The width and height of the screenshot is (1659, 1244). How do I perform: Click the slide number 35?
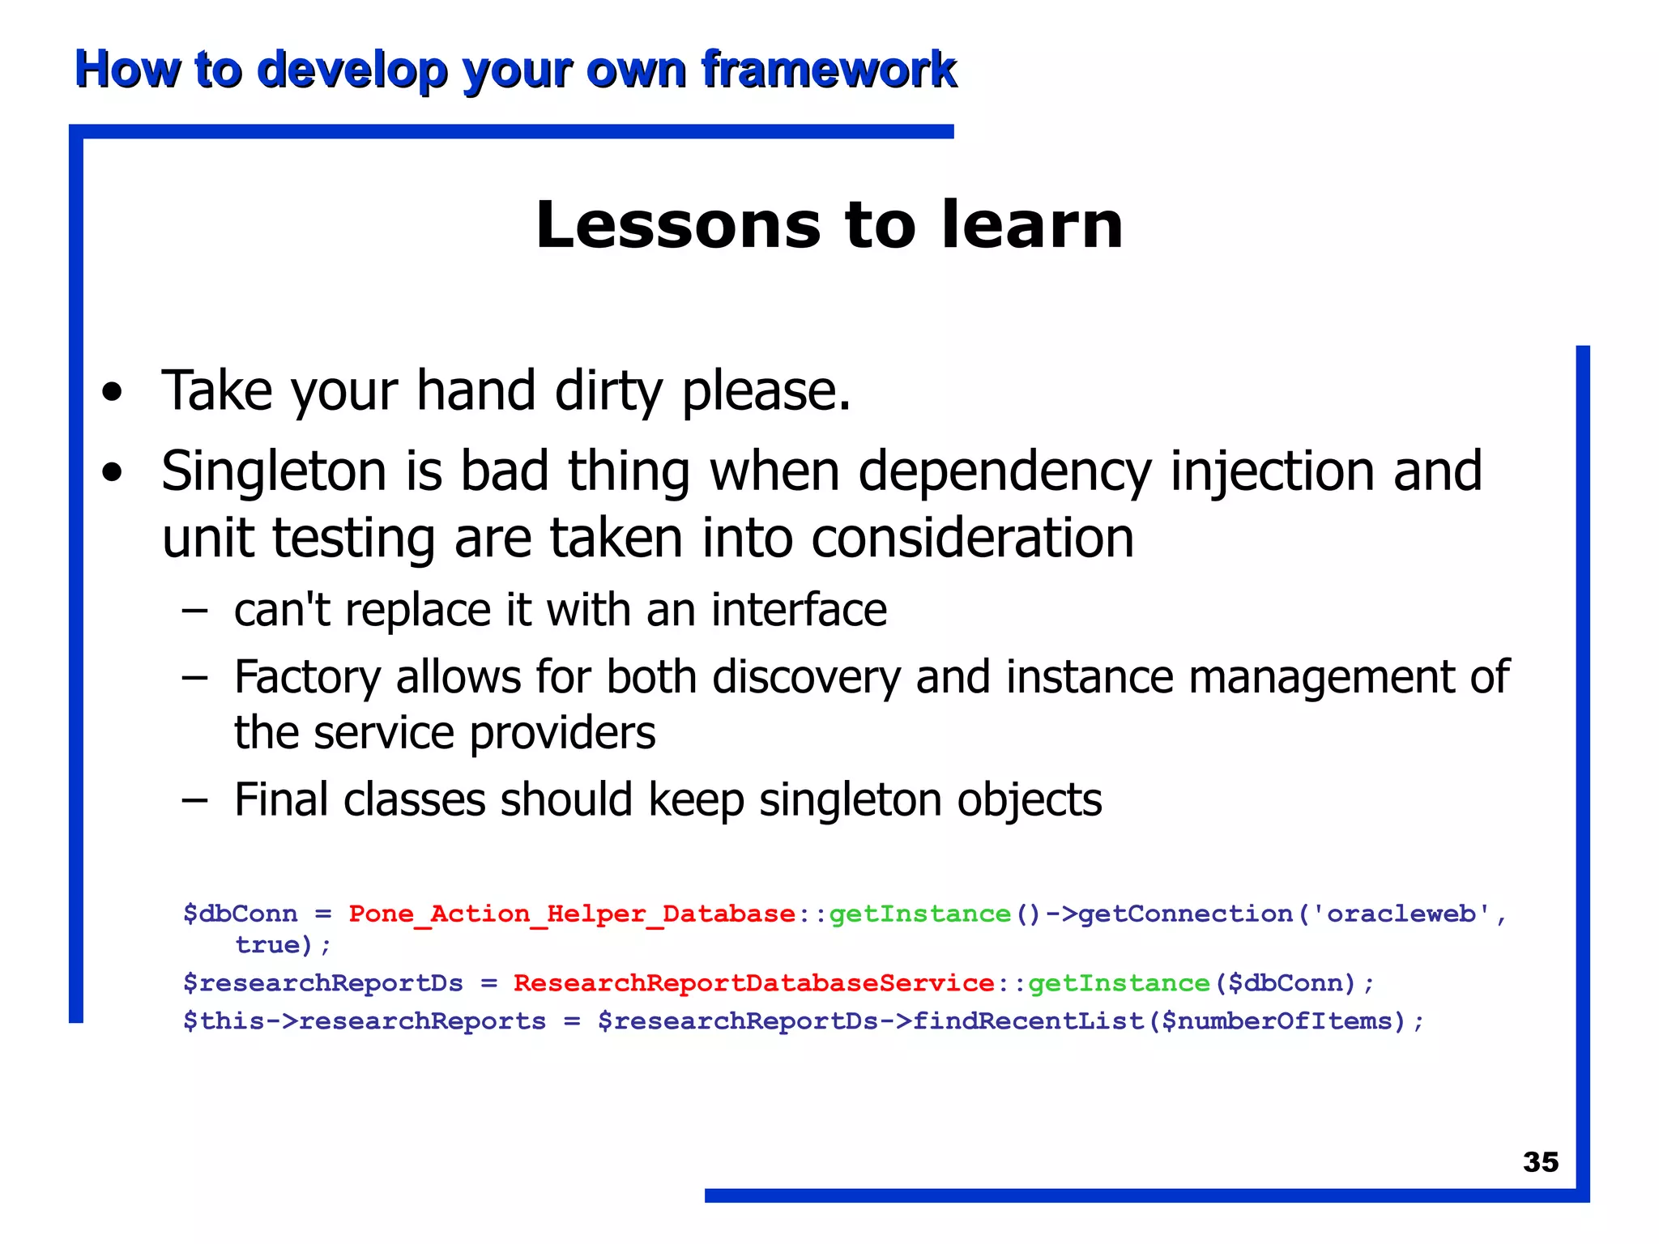tap(1540, 1161)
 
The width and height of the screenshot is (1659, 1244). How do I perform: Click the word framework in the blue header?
tap(828, 69)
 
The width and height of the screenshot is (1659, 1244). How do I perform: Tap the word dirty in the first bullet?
tap(608, 391)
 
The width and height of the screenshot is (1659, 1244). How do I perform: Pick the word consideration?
tap(972, 539)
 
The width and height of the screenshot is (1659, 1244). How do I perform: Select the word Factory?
tap(307, 678)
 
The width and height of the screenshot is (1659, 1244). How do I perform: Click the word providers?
tap(562, 734)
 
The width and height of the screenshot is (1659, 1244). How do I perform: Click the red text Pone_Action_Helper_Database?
tap(572, 914)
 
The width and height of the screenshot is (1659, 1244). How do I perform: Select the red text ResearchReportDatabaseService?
tap(753, 982)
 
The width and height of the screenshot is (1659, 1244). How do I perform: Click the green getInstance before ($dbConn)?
tap(1118, 982)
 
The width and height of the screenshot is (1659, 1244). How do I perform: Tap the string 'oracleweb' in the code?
tap(1401, 914)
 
